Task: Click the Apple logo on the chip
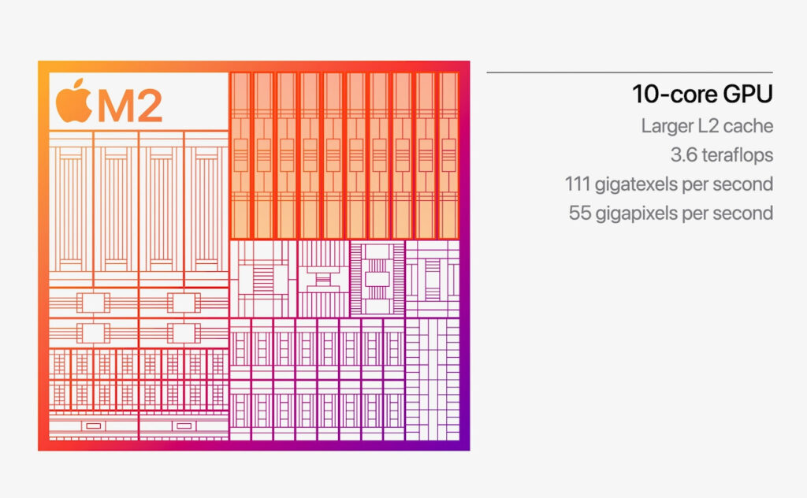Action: [73, 102]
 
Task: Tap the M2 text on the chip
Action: [130, 105]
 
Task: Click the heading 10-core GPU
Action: [701, 95]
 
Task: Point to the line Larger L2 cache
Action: [706, 125]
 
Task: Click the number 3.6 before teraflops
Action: [660, 155]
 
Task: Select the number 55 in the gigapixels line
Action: [580, 214]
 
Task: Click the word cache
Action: [749, 125]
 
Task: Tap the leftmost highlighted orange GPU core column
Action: [240, 154]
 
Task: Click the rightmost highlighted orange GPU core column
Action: [448, 154]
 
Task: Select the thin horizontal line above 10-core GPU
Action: [630, 72]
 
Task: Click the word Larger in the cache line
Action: [666, 126]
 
